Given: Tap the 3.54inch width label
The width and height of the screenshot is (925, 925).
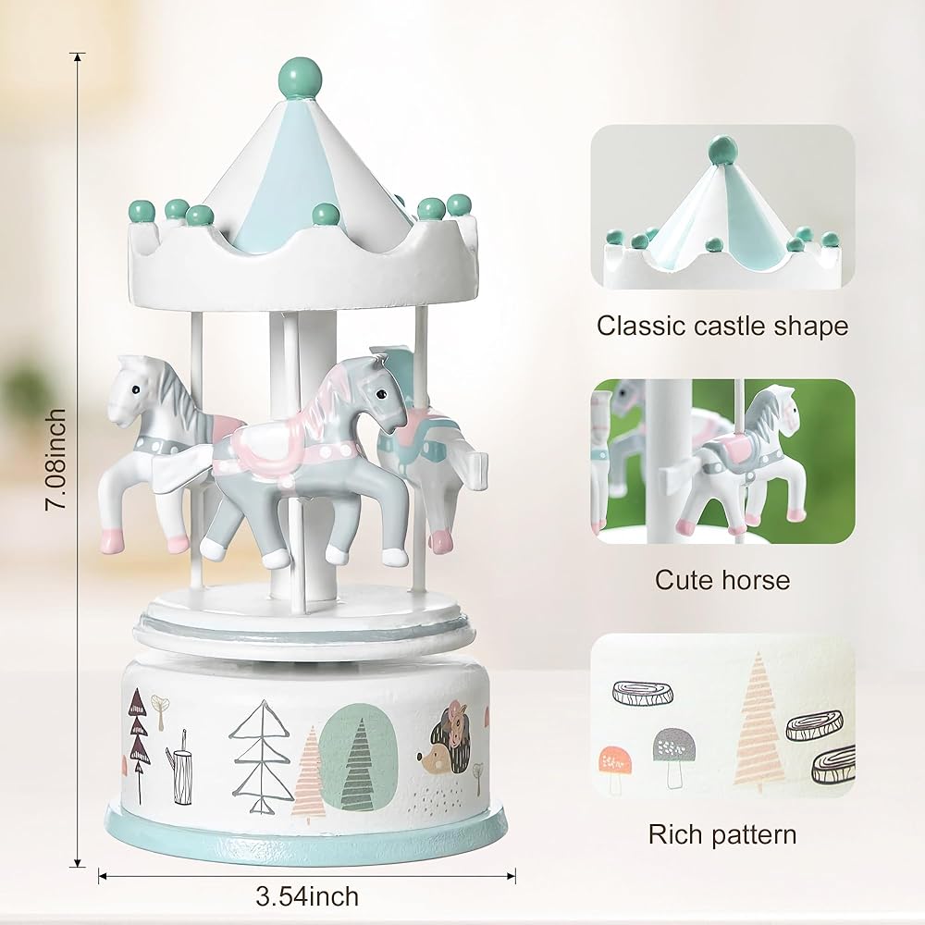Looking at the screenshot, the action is (x=307, y=896).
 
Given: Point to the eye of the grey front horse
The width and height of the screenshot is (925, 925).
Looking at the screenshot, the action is (x=382, y=393).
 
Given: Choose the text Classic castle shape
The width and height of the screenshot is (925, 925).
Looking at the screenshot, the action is (x=722, y=326).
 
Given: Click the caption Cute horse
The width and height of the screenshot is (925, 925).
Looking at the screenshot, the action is (x=722, y=580).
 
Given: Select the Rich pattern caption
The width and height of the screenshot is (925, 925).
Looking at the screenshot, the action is (x=722, y=834).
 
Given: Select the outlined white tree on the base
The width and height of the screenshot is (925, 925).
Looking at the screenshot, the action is (x=262, y=755).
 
